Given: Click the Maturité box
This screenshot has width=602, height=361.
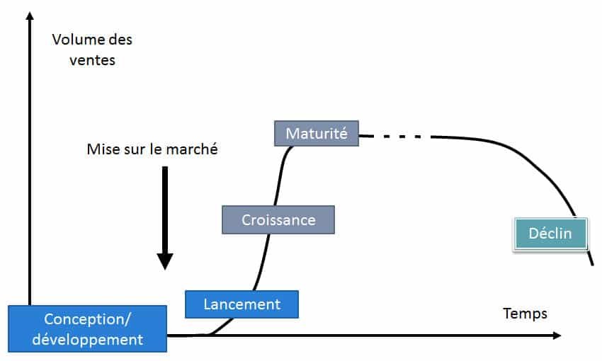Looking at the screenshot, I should pyautogui.click(x=317, y=133).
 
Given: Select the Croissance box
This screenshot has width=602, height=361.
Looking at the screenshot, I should pyautogui.click(x=278, y=219).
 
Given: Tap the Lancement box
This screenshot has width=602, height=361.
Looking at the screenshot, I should pyautogui.click(x=242, y=304).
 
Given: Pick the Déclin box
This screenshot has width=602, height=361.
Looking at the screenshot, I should pyautogui.click(x=550, y=233).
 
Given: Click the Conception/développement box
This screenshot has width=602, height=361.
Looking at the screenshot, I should pyautogui.click(x=88, y=328).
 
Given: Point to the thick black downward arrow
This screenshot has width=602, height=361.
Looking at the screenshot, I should pyautogui.click(x=164, y=212).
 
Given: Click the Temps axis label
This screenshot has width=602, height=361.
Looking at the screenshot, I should pyautogui.click(x=525, y=313).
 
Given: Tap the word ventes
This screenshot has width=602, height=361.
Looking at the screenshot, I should pyautogui.click(x=92, y=60).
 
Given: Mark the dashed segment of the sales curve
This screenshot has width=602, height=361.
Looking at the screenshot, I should pyautogui.click(x=400, y=135).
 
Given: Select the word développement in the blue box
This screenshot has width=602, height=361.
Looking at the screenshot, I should pyautogui.click(x=88, y=339).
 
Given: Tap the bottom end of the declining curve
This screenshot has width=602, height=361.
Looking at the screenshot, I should pyautogui.click(x=592, y=264).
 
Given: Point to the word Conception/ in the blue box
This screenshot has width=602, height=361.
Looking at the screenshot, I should pyautogui.click(x=88, y=318).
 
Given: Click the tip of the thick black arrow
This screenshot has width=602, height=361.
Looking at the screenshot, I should pyautogui.click(x=164, y=268).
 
